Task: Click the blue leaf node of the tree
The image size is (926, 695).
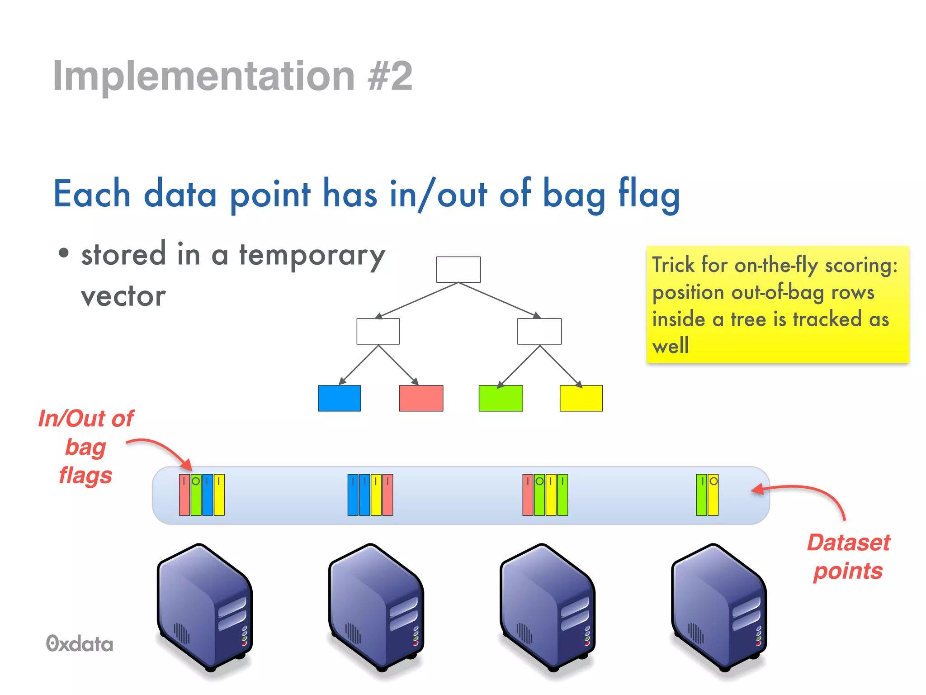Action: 339,398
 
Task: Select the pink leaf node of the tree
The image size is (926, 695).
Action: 421,398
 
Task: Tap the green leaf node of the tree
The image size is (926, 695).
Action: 501,398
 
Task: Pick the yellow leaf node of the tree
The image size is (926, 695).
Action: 581,398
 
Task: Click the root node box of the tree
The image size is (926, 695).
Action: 458,270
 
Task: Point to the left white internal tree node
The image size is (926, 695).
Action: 378,331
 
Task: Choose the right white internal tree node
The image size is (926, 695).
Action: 539,331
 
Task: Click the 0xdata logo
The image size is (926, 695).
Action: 80,644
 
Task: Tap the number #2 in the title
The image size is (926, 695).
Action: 390,76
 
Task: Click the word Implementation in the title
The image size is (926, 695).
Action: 203,76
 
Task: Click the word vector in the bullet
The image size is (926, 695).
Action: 123,297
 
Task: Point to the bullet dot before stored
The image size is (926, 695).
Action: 64,253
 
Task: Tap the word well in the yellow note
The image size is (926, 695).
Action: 670,347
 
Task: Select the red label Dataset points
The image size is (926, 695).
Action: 848,557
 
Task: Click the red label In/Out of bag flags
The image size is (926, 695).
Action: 85,447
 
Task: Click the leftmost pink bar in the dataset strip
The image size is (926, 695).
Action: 184,495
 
